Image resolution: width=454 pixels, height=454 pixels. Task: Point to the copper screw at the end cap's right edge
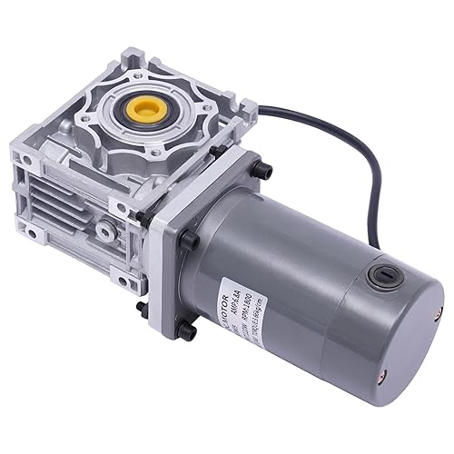(439, 312)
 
